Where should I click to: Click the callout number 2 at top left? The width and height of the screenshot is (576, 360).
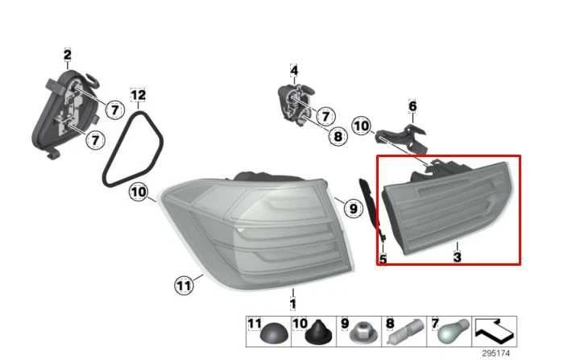tap(68, 55)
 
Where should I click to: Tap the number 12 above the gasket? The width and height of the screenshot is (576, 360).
tap(139, 96)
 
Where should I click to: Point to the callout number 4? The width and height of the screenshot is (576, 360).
tap(294, 71)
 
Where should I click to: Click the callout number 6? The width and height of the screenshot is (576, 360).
tap(413, 106)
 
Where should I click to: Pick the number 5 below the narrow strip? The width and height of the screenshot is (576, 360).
tap(383, 259)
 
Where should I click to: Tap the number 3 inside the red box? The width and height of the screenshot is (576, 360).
tap(457, 258)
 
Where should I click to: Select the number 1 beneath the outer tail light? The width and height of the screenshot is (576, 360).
tap(293, 304)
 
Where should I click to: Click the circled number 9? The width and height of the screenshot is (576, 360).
tap(351, 209)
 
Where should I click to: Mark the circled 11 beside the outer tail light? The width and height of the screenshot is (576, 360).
tap(185, 283)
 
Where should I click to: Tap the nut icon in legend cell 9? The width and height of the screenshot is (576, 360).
tap(360, 331)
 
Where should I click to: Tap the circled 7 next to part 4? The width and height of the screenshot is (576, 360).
tap(327, 116)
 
